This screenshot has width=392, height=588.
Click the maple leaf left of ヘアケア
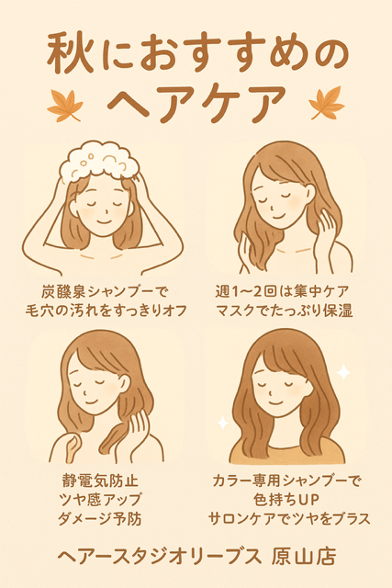(x=64, y=106)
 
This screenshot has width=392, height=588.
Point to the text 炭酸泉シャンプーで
(x=105, y=291)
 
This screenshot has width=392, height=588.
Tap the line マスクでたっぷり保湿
(x=284, y=311)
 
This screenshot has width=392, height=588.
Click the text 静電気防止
(x=100, y=481)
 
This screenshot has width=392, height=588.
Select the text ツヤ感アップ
(x=100, y=500)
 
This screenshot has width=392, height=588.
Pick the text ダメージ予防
(x=100, y=519)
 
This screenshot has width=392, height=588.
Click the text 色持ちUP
(x=286, y=500)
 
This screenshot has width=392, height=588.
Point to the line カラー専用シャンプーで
(x=286, y=481)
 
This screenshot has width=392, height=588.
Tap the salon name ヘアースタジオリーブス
(x=159, y=557)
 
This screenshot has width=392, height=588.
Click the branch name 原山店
(x=304, y=557)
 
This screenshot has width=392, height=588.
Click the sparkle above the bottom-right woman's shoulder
(x=343, y=372)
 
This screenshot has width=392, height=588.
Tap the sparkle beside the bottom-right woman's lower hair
(x=222, y=423)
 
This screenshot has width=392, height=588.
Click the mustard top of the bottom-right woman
(x=287, y=451)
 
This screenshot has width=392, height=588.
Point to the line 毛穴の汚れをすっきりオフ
(x=106, y=311)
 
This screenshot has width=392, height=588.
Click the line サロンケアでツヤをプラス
(x=289, y=519)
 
